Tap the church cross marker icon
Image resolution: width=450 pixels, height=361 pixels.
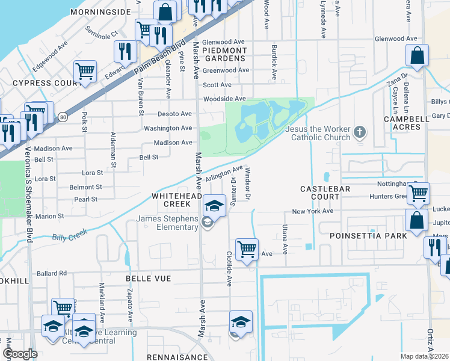pos(360,132)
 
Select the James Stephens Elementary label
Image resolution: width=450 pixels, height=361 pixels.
pos(167,222)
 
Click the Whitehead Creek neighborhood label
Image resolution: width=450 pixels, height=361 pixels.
pos(176,201)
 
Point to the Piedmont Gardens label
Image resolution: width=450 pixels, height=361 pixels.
pos(225,54)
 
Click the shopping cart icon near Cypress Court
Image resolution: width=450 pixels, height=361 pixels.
pos(85,72)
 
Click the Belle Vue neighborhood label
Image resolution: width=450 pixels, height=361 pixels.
pos(148,279)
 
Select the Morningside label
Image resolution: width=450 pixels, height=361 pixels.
pos(100,12)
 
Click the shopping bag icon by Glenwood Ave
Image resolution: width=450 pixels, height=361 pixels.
pos(417,56)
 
